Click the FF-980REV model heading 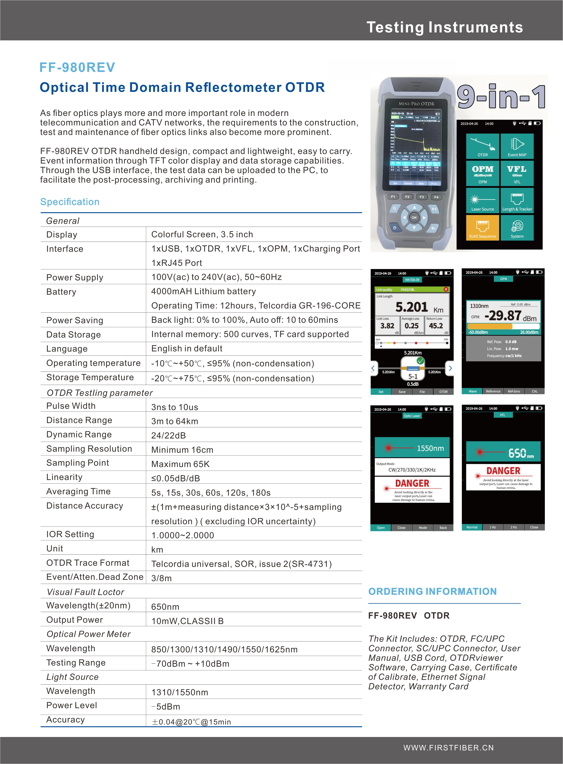click(x=77, y=67)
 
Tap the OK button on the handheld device click(x=414, y=217)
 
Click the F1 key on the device click(x=393, y=197)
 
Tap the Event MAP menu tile click(x=517, y=146)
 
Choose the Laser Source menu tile click(x=482, y=201)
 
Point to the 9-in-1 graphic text click(x=501, y=97)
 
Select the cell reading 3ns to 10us click(x=174, y=407)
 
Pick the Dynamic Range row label click(x=79, y=434)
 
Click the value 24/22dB click(x=168, y=436)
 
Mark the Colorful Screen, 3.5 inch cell click(x=202, y=235)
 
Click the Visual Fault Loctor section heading click(x=85, y=592)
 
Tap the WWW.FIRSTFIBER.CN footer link click(x=448, y=748)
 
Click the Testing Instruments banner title click(x=444, y=27)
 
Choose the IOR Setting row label click(x=70, y=534)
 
